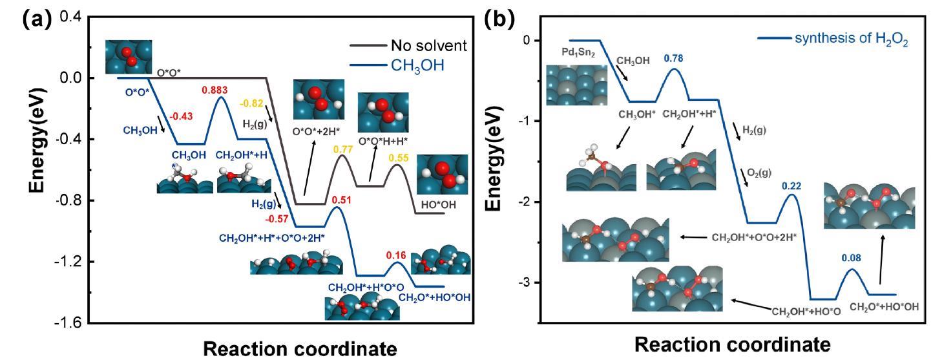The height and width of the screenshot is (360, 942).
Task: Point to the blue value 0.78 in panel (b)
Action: click(x=675, y=59)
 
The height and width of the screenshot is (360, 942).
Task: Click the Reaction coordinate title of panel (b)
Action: click(x=731, y=343)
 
